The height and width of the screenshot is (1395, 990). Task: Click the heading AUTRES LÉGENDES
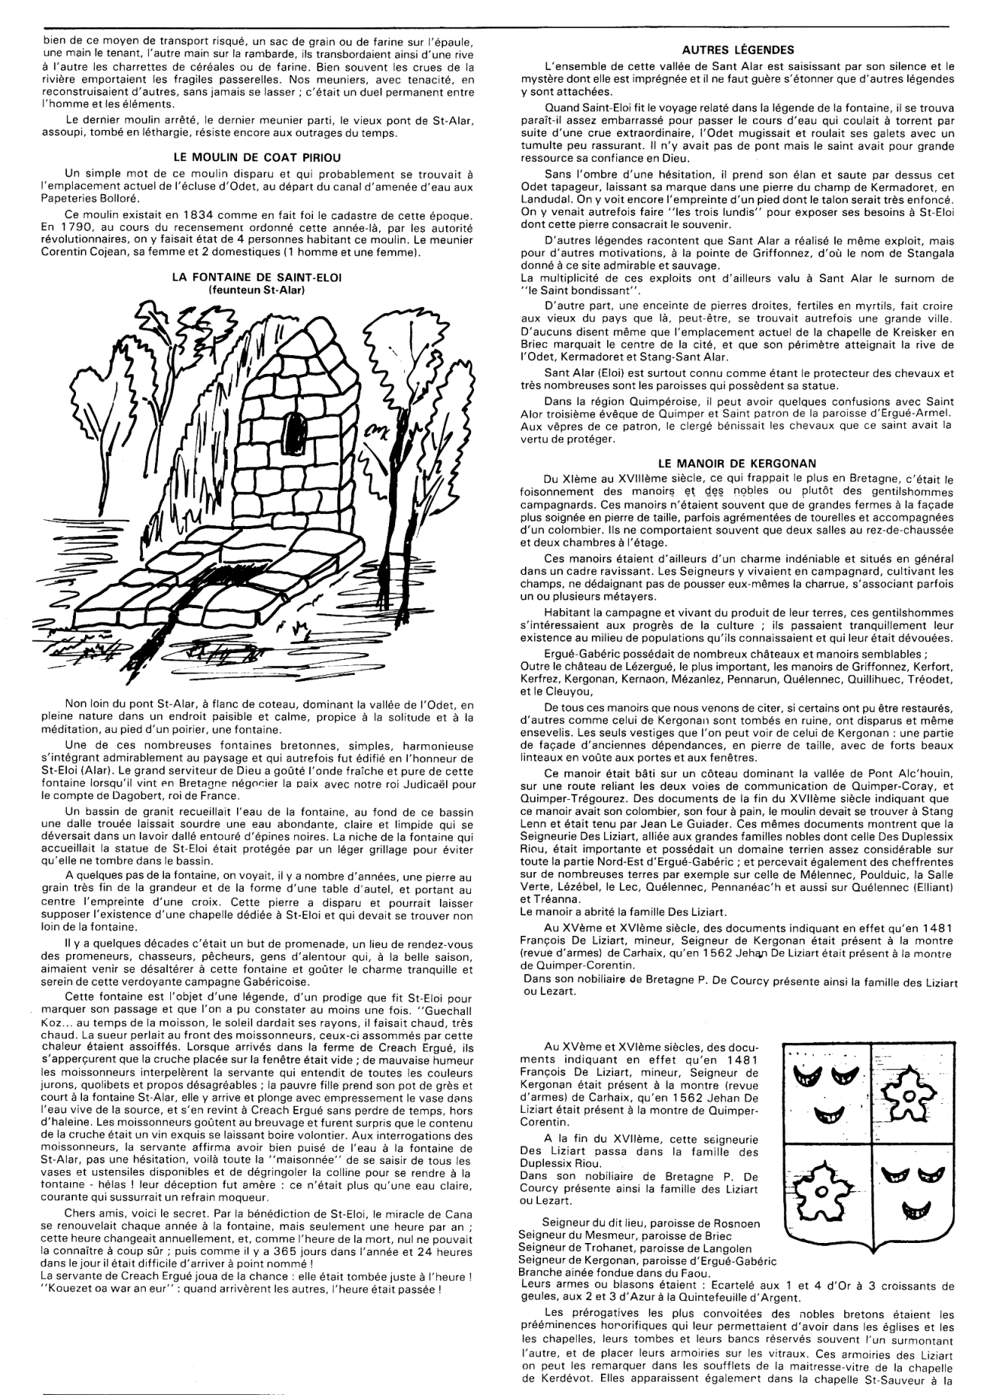click(738, 50)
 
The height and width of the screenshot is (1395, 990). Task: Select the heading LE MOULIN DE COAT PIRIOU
click(258, 159)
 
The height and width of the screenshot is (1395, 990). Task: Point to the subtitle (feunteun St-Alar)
click(257, 289)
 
